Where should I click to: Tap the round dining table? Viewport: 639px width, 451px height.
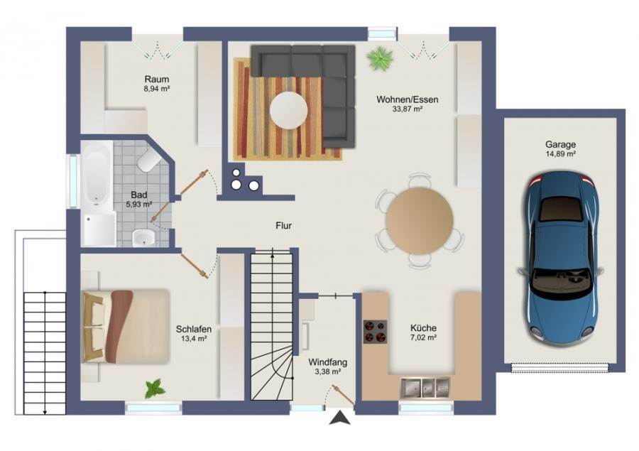point(420,221)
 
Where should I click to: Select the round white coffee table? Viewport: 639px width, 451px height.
point(288,110)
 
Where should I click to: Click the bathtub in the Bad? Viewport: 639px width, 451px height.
point(97,176)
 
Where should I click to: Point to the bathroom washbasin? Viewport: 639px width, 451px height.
point(144,238)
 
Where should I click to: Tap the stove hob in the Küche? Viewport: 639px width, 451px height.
point(376,332)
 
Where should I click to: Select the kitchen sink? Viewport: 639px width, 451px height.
point(425,387)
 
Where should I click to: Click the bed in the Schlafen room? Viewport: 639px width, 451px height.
point(126,326)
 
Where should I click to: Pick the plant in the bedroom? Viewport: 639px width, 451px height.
point(155,388)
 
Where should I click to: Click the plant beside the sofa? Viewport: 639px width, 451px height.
point(381,58)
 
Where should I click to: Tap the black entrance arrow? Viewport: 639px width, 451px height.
point(340,418)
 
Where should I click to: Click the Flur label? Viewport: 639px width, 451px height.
point(283,226)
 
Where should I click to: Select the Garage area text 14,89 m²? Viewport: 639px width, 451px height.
point(561,153)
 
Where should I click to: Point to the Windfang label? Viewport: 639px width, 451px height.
point(327,362)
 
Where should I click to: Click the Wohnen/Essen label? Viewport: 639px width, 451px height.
point(408,99)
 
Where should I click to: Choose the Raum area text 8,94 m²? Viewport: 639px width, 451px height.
point(157,88)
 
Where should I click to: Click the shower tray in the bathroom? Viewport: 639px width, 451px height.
point(99,229)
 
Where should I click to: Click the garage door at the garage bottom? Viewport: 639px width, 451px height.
point(560,368)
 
